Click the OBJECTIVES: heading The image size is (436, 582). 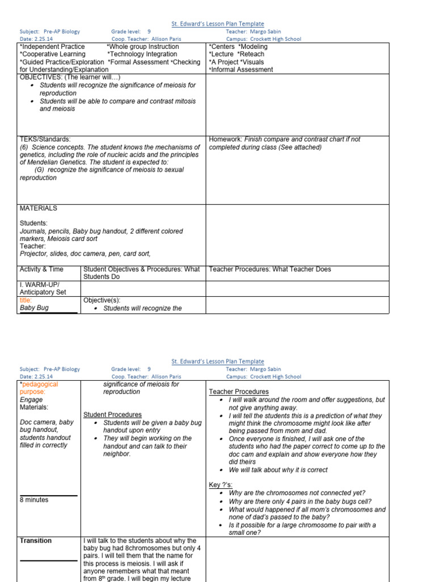41,77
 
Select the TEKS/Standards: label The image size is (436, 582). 45,139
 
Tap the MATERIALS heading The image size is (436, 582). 38,208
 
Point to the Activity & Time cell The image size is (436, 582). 41,269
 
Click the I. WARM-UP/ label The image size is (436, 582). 40,284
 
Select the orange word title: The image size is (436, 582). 26,300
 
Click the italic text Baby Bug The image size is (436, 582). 34,308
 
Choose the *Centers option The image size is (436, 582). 221,47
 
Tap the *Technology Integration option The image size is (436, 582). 142,55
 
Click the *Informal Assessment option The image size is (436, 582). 241,70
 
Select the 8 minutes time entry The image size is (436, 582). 34,500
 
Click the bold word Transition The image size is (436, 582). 36,541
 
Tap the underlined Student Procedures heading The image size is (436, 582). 112,415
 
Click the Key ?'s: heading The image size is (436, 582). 221,484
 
